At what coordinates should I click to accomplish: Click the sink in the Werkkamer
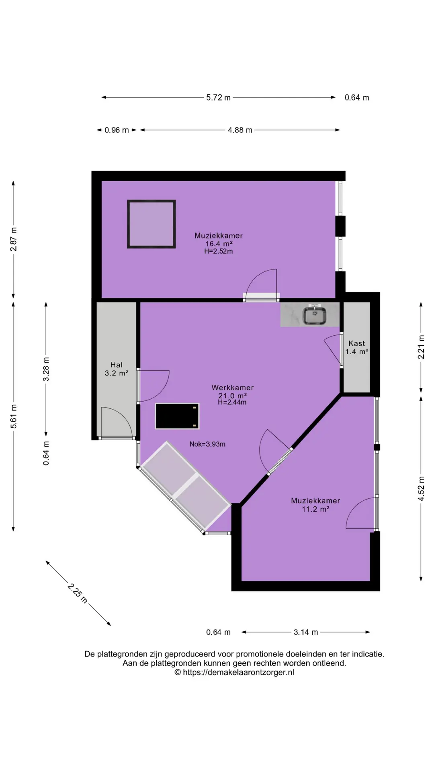315,315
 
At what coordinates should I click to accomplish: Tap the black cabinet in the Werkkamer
177,416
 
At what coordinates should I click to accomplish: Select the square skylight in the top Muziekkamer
151,224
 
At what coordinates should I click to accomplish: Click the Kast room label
357,343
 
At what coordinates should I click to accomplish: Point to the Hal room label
117,365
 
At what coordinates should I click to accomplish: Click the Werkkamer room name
233,388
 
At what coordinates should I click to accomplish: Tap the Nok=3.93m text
207,444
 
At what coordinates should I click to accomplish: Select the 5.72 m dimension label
219,98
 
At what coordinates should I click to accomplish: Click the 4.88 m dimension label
240,130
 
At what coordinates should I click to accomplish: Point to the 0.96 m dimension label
117,130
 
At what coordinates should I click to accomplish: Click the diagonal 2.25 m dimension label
78,593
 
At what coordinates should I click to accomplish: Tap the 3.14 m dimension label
306,632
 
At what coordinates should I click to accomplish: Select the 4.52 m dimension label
421,488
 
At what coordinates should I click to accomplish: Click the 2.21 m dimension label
421,347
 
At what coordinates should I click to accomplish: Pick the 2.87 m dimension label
14,239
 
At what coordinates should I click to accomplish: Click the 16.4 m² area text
219,244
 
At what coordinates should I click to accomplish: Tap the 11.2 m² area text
316,509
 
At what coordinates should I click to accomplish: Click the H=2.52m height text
219,251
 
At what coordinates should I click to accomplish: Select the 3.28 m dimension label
46,369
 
